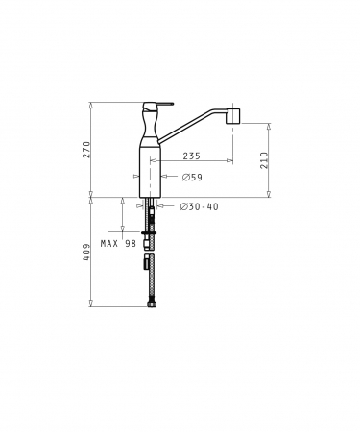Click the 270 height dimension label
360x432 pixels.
click(x=86, y=150)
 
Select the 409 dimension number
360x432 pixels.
click(x=86, y=252)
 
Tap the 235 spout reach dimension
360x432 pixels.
click(x=191, y=156)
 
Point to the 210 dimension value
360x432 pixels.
click(x=264, y=160)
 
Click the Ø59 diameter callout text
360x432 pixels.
click(x=192, y=177)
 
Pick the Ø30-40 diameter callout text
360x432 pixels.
click(x=199, y=206)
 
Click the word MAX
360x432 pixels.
click(x=108, y=244)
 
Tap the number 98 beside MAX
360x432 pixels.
click(x=131, y=244)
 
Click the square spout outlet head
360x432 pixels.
click(x=233, y=116)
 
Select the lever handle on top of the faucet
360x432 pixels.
click(x=158, y=105)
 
